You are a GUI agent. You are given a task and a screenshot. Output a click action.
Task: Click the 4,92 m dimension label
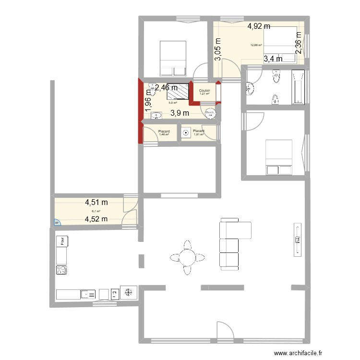259,27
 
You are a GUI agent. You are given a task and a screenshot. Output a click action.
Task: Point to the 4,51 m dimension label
96,204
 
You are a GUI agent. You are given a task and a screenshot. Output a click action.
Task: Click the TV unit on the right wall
297,239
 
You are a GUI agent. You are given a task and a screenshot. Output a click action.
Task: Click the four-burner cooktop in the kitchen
61,270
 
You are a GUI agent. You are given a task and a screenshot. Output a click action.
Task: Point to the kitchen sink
87,294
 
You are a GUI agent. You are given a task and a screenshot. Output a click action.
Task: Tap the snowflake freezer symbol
128,293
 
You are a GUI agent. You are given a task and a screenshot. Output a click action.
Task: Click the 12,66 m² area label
256,46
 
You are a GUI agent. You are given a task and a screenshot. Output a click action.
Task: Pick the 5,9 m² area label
173,102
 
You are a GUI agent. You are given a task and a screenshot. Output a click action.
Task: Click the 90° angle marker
56,222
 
